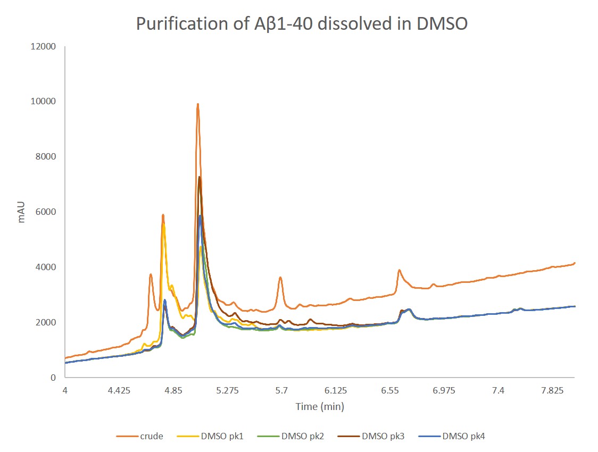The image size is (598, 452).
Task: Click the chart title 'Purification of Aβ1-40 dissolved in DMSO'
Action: point(302,24)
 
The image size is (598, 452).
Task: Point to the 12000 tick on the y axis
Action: point(44,46)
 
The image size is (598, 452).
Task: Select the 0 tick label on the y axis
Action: point(53,378)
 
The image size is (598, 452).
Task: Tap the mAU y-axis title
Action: point(22,212)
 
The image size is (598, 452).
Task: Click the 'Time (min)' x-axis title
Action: point(320,407)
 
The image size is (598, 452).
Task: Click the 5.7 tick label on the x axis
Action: point(281,391)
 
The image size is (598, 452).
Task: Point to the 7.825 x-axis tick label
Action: point(552,391)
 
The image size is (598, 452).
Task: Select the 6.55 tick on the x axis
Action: point(390,391)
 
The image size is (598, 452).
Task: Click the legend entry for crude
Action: point(140,437)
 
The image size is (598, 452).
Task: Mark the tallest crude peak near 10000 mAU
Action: point(197,104)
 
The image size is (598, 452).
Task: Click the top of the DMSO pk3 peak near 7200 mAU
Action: point(199,177)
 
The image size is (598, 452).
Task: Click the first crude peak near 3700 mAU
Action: point(151,274)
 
